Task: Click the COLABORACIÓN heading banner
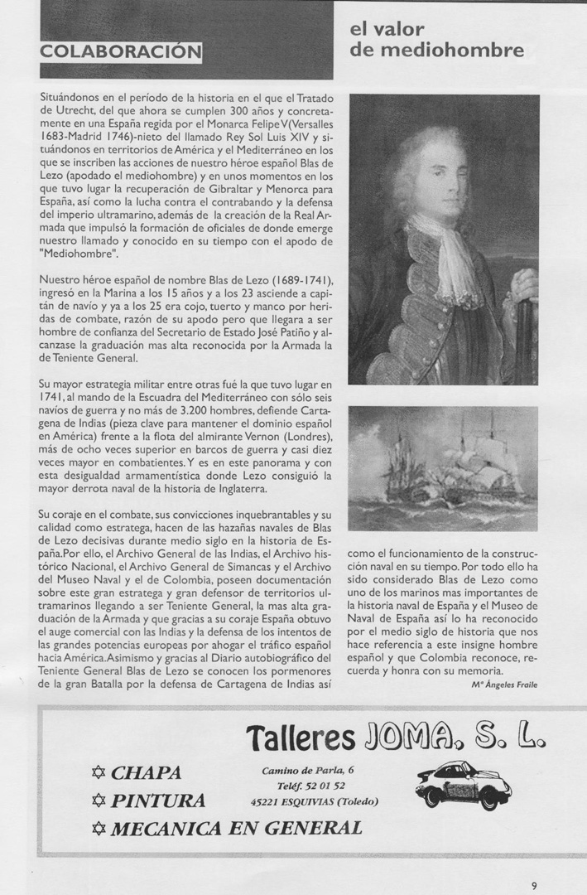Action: tap(120, 51)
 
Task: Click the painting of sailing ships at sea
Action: tap(444, 468)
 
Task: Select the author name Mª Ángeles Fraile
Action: tap(504, 685)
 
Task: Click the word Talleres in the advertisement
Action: tap(300, 736)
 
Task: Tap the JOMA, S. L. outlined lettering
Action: tap(455, 734)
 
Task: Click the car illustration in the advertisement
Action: tap(463, 784)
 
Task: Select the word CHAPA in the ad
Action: tap(147, 773)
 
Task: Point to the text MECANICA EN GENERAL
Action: tap(236, 828)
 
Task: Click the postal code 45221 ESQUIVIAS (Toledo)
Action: tap(315, 801)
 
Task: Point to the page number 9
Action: tap(534, 884)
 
